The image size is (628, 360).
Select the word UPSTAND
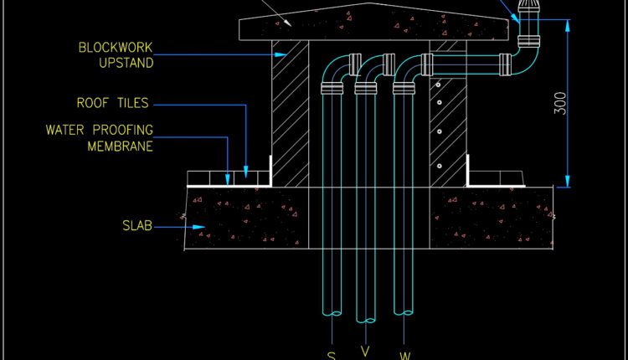click(113, 63)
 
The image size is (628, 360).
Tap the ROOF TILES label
click(112, 104)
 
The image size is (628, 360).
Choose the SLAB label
click(136, 226)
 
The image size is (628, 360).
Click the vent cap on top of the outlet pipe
click(528, 12)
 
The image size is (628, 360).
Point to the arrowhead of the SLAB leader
click(200, 226)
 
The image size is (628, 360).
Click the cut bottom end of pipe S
click(331, 314)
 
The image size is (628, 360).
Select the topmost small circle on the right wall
click(437, 85)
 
